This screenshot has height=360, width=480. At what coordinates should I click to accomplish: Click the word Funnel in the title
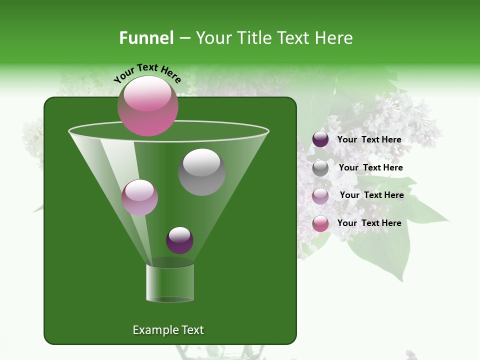coord(146,38)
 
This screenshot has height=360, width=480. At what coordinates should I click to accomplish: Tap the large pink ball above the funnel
coord(147,106)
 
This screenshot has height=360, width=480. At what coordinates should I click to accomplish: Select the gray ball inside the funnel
coord(201,172)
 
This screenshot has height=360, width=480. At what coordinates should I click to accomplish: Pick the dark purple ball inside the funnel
coord(179,240)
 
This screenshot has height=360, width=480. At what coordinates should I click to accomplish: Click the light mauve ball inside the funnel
coord(139,198)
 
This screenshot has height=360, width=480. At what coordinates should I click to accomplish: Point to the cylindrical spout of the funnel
coord(170,283)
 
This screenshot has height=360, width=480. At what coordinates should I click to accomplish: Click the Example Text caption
coord(168,330)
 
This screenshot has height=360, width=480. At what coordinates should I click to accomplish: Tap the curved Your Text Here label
coord(147,73)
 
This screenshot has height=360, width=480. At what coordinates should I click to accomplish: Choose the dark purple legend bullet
coord(320,139)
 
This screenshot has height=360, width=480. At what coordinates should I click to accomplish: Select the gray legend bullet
coord(320,168)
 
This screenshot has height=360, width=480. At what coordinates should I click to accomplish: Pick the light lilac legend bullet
coord(320,196)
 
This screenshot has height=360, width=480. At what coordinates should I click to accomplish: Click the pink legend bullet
coord(320,223)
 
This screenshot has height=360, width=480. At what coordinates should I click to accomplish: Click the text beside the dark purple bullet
coord(369,140)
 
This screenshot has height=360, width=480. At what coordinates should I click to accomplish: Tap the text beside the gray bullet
coord(370,168)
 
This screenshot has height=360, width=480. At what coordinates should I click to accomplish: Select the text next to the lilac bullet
coord(371,195)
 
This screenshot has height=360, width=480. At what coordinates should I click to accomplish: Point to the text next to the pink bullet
coord(369,223)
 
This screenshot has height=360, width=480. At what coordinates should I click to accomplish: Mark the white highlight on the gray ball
coord(201,162)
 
